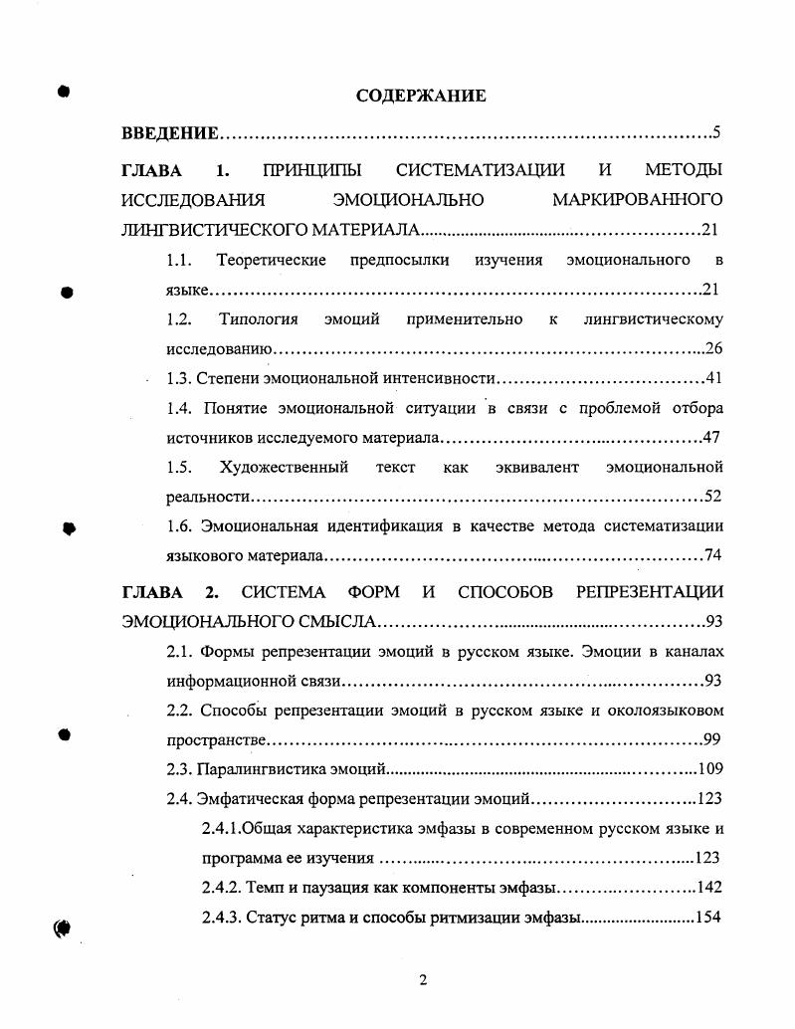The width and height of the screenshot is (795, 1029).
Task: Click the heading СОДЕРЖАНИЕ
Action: pyautogui.click(x=421, y=96)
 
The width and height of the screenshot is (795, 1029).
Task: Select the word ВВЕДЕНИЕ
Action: pyautogui.click(x=169, y=132)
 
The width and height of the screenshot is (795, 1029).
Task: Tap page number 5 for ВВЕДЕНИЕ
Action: pyautogui.click(x=716, y=132)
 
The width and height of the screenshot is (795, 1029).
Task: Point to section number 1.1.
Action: pyautogui.click(x=178, y=260)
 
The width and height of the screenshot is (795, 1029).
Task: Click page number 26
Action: pyautogui.click(x=712, y=349)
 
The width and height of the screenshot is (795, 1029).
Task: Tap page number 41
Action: pyautogui.click(x=712, y=378)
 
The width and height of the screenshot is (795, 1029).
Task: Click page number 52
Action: pyautogui.click(x=711, y=496)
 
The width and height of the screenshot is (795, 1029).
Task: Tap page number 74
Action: pyautogui.click(x=712, y=554)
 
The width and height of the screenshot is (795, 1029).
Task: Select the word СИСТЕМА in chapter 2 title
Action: pyautogui.click(x=284, y=592)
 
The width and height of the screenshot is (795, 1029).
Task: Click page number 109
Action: pyautogui.click(x=709, y=768)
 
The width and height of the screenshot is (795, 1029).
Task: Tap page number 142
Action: pyautogui.click(x=708, y=887)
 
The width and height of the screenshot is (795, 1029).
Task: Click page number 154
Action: pyautogui.click(x=707, y=917)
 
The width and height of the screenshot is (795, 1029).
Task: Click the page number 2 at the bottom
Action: pyautogui.click(x=423, y=980)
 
